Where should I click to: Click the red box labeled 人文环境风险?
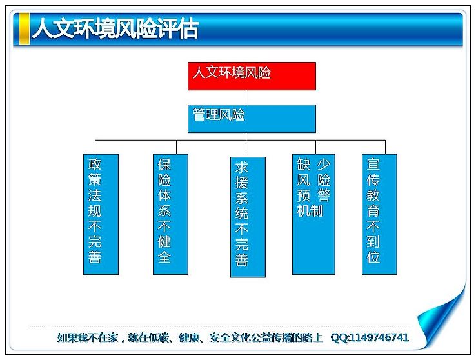252,76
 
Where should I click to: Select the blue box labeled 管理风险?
252,119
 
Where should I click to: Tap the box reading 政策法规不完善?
101,214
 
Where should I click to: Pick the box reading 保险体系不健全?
170,214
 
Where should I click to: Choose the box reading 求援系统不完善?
248,217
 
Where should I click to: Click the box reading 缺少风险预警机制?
313,214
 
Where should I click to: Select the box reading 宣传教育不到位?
379,214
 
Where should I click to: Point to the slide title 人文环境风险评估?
115,29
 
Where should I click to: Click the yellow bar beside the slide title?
25,29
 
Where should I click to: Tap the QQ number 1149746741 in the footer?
379,337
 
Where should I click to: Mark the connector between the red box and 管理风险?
246,97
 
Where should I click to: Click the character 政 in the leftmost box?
95,165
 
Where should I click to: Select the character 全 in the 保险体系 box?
164,257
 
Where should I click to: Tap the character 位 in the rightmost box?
373,257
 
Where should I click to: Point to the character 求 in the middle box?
242,167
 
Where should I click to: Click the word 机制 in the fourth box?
310,211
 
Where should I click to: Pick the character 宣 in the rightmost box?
373,165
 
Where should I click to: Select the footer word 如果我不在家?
87,337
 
